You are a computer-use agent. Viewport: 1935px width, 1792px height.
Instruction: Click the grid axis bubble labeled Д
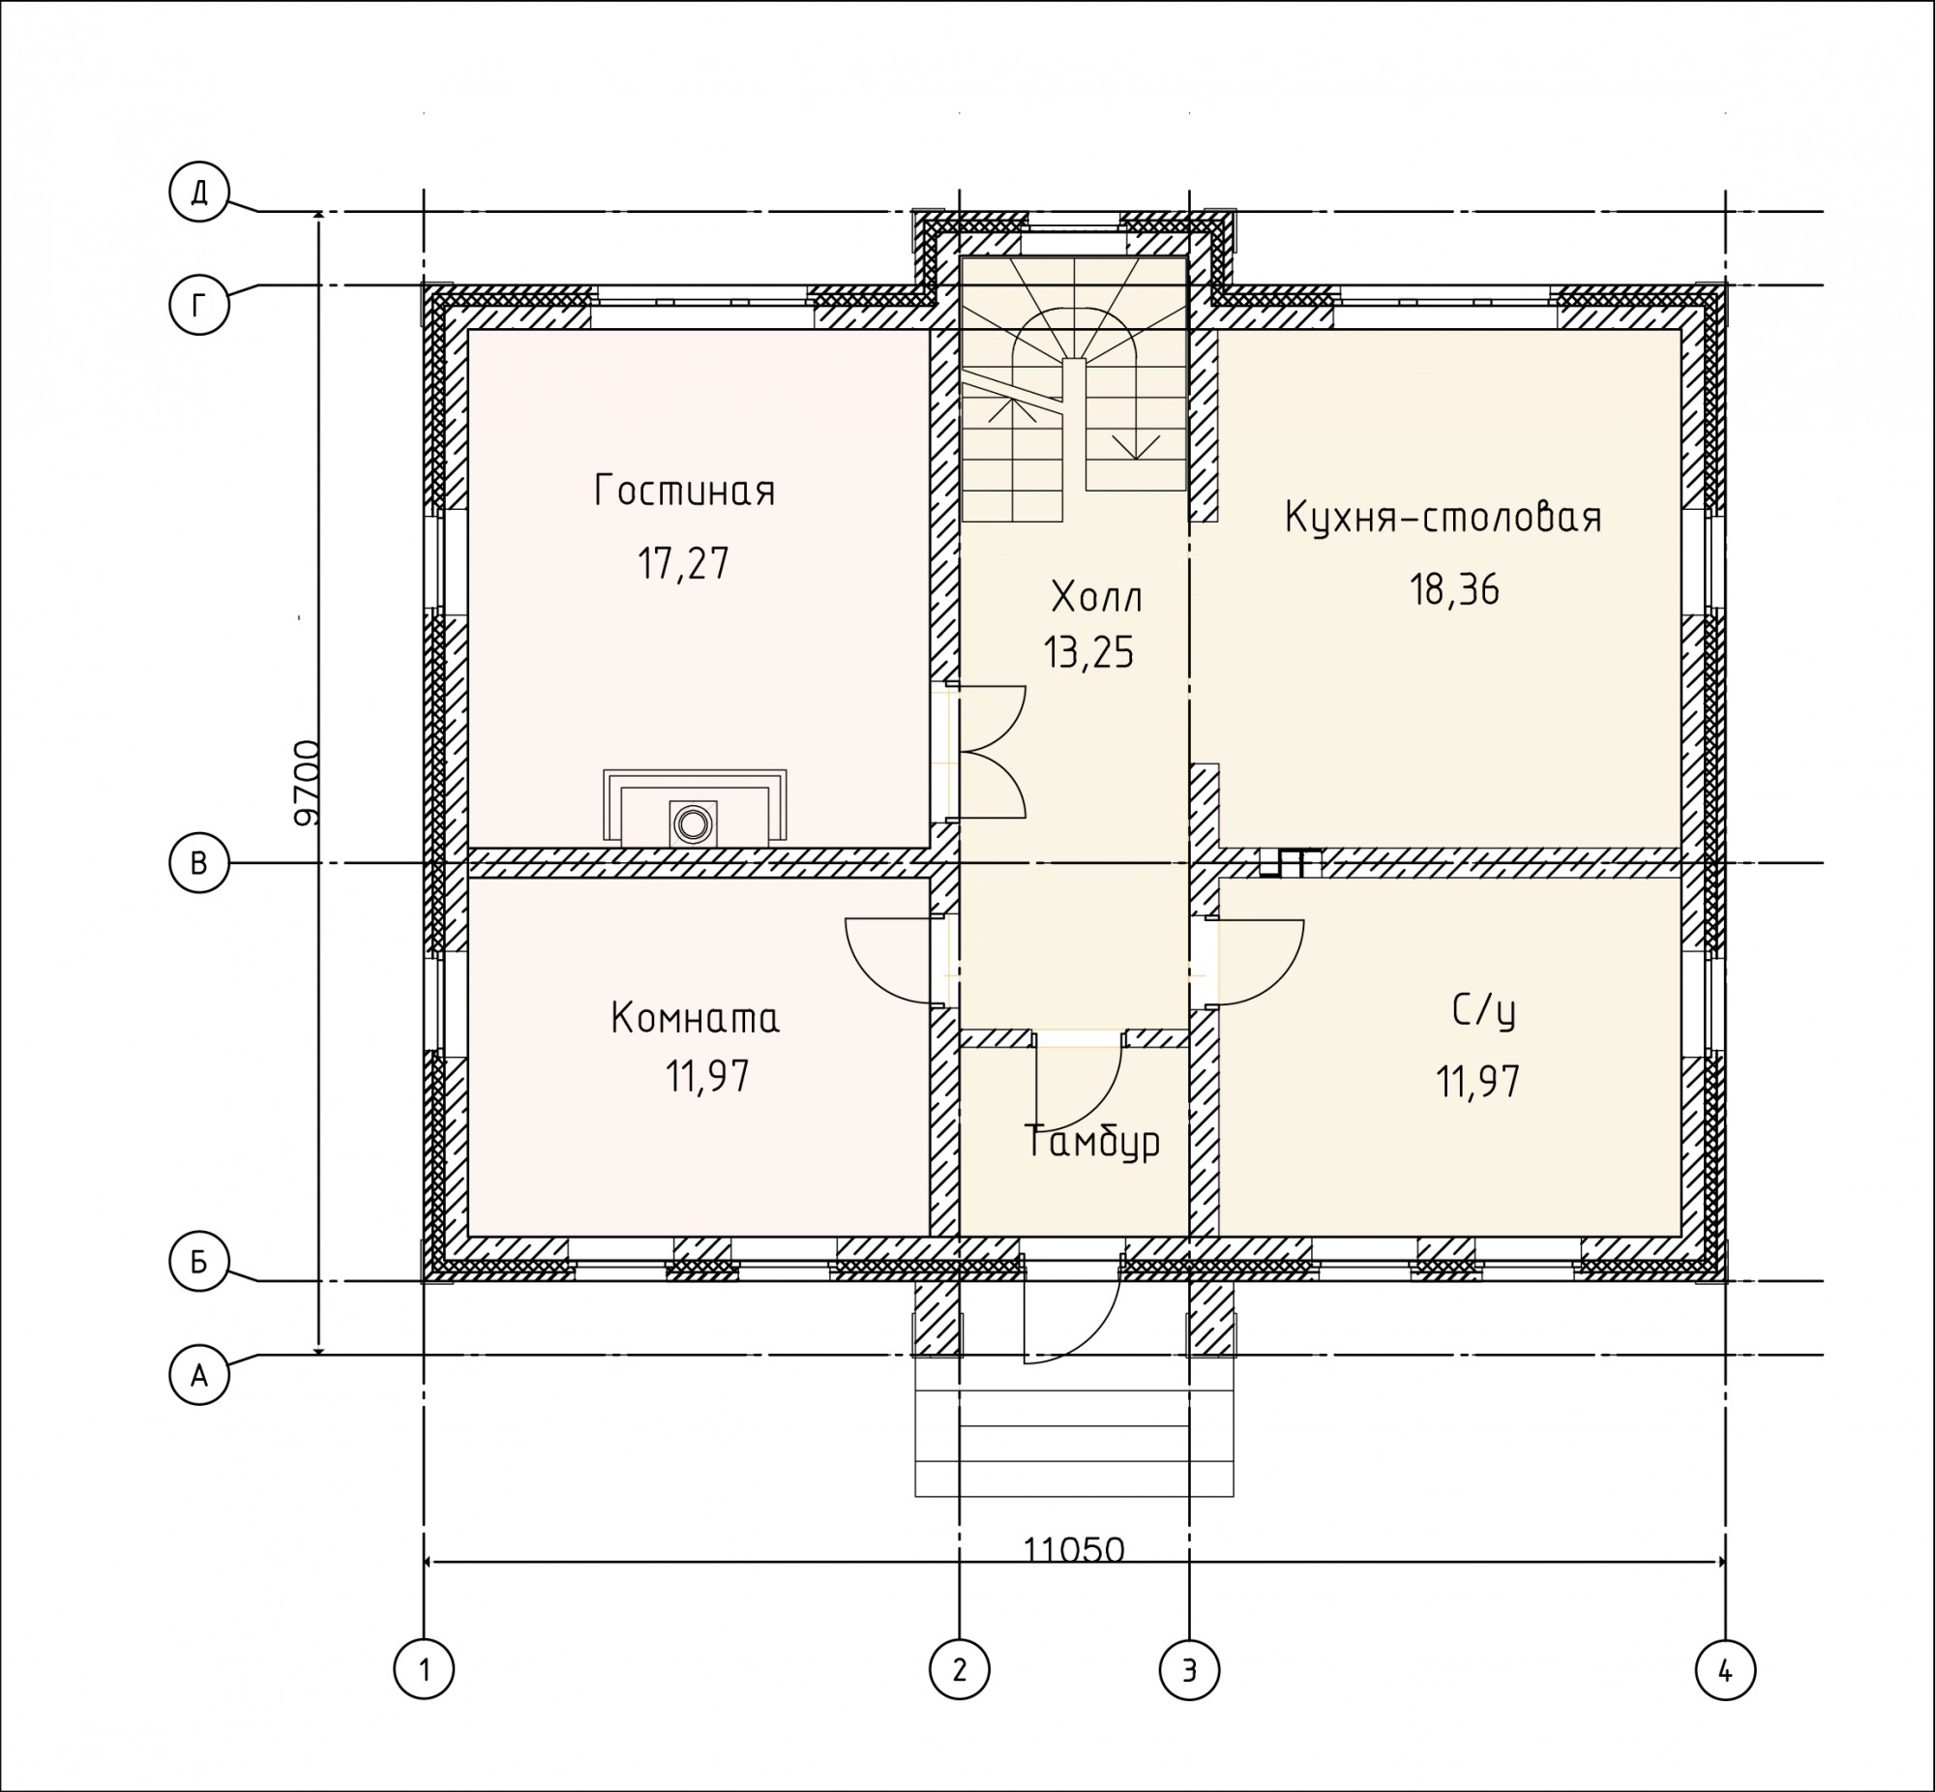pyautogui.click(x=198, y=193)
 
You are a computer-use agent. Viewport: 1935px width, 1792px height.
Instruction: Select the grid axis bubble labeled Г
pyautogui.click(x=198, y=305)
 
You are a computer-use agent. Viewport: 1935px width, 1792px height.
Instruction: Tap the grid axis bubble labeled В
pyautogui.click(x=198, y=862)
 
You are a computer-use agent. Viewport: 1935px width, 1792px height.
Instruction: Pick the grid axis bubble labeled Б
pyautogui.click(x=198, y=1262)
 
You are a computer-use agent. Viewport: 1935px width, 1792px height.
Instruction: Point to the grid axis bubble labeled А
pyautogui.click(x=198, y=1374)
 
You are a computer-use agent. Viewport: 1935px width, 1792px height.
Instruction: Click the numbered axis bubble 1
pyautogui.click(x=424, y=1670)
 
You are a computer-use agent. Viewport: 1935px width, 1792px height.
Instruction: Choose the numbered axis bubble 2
pyautogui.click(x=959, y=1670)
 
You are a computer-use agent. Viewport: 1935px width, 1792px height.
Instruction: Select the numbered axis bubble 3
pyautogui.click(x=1189, y=1670)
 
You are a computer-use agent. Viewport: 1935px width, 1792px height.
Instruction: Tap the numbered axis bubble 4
pyautogui.click(x=1725, y=1670)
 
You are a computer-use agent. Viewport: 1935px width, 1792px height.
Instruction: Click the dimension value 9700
pyautogui.click(x=307, y=784)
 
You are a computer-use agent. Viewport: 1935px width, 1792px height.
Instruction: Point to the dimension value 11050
pyautogui.click(x=1074, y=1550)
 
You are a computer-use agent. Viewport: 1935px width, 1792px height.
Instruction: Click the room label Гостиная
pyautogui.click(x=684, y=491)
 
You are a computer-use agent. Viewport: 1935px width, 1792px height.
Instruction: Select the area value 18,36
pyautogui.click(x=1454, y=589)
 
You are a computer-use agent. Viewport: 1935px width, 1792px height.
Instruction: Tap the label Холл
pyautogui.click(x=1096, y=597)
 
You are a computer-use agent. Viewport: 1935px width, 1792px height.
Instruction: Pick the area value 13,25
pyautogui.click(x=1088, y=653)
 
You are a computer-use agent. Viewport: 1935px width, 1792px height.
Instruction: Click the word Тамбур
pyautogui.click(x=1091, y=1142)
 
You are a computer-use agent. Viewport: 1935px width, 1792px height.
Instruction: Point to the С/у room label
pyautogui.click(x=1484, y=1011)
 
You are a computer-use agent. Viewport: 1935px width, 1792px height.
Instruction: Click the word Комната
pyautogui.click(x=695, y=1018)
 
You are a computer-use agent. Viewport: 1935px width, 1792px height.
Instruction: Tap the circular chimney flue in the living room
pyautogui.click(x=692, y=824)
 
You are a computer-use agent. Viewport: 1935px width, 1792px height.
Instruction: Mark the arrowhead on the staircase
pyautogui.click(x=1135, y=445)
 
